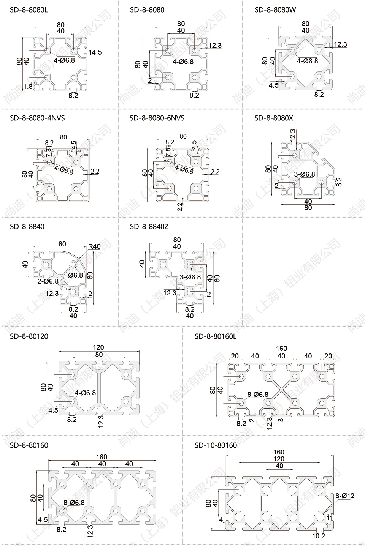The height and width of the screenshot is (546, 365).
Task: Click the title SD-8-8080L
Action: coord(29,9)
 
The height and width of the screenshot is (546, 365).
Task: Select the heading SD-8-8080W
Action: coord(275,9)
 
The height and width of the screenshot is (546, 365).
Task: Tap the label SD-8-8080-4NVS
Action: coord(37,118)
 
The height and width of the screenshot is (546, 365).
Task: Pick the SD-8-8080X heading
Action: coord(274,118)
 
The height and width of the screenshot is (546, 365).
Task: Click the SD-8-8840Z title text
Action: coord(149,227)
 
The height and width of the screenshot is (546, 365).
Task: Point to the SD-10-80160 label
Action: coord(216,445)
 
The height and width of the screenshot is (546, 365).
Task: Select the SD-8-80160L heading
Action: coord(216,336)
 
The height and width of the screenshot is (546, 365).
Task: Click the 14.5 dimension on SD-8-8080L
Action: coord(95,52)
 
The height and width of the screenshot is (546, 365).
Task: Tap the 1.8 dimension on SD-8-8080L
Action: coord(28,87)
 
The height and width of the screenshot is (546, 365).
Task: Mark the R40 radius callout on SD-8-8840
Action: coord(94,246)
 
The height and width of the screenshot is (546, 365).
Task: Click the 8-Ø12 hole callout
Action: coord(345,496)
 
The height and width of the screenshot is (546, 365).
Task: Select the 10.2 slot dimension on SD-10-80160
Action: coord(318,536)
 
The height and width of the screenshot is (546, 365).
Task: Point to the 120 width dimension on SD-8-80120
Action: coord(98,347)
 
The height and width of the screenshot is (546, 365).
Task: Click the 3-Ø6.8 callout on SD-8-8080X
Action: coord(305,174)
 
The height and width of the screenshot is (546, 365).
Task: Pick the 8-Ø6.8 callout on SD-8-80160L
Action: coord(258,395)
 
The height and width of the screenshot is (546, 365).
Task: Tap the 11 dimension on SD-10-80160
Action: coord(330,517)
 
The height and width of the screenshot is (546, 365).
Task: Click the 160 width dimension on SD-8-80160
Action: coord(102,457)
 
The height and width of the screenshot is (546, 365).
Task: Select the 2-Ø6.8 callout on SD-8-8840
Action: coord(48,281)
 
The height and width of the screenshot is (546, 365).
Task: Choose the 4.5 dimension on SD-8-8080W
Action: coord(273,85)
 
